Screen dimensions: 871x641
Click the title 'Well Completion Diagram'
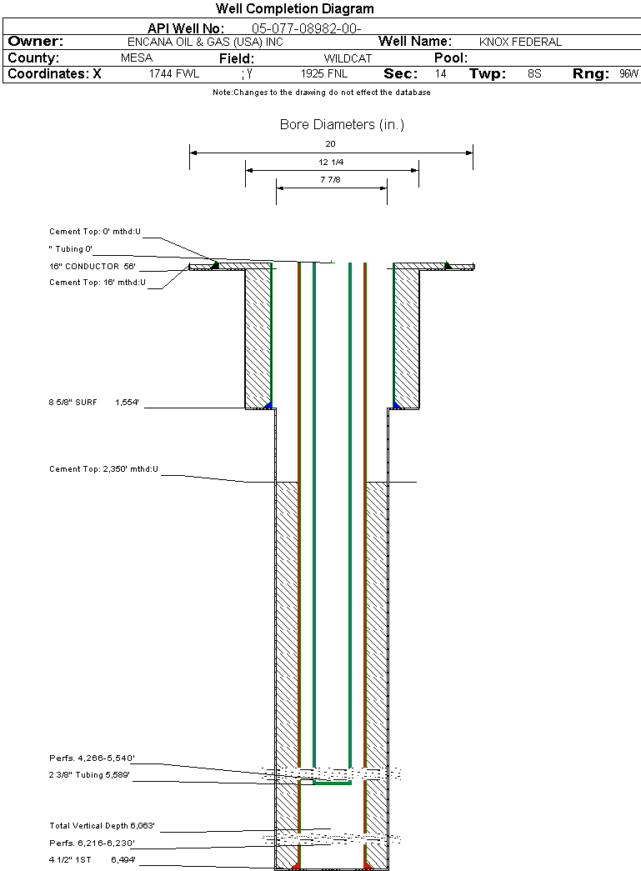coord(294,9)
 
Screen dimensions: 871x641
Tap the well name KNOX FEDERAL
coord(520,42)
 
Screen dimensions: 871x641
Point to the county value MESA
coord(137,59)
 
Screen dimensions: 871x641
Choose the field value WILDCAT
coord(348,59)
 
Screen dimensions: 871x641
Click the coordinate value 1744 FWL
coord(174,74)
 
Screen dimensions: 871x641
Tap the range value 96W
coord(628,74)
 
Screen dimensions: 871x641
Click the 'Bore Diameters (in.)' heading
coord(342,125)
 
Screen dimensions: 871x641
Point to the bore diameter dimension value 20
coord(331,143)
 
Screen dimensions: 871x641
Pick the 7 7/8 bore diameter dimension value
coord(332,179)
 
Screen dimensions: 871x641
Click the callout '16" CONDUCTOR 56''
coord(92,267)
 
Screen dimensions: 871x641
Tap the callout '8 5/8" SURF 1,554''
coord(93,403)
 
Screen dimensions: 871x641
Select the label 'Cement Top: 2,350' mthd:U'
coord(103,469)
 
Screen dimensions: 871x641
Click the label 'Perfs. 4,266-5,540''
coord(92,758)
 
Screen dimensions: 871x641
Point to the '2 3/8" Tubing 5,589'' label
coord(89,775)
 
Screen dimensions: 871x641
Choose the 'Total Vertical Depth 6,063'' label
coord(103,826)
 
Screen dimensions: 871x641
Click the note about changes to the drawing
coord(321,93)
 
